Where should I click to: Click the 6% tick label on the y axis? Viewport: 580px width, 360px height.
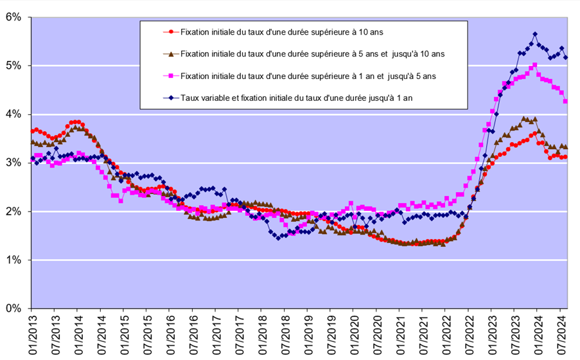tap(13, 17)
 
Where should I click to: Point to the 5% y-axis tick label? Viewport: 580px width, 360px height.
tap(13, 66)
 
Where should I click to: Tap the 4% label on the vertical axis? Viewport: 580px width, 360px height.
tap(13, 114)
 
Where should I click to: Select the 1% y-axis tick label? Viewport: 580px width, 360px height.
tap(13, 260)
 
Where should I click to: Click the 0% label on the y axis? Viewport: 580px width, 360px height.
tap(13, 309)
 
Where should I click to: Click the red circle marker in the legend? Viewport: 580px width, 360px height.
tap(170, 31)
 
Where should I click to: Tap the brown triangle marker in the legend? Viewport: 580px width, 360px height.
tap(170, 53)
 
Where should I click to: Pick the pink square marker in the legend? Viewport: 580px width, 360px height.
tap(170, 76)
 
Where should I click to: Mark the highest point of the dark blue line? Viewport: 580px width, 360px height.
tap(535, 34)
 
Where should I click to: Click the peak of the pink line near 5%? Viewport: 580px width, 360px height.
tap(535, 65)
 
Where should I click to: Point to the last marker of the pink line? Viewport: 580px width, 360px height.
tap(565, 101)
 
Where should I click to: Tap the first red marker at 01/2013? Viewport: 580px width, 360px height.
tap(33, 131)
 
